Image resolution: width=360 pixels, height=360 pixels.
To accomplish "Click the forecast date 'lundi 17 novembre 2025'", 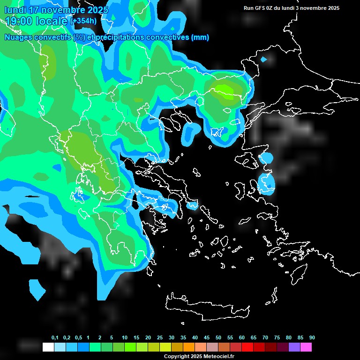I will [56, 10].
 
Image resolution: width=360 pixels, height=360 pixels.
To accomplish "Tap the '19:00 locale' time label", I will [37, 21].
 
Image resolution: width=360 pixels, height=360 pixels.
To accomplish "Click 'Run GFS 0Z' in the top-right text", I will [260, 8].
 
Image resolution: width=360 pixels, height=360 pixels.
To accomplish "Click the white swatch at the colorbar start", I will [48, 347].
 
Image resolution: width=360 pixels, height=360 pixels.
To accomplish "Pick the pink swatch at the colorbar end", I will [306, 347].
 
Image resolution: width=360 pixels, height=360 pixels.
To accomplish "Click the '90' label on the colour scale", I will [312, 338].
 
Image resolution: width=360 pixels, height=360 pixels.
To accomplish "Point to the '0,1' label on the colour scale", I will [55, 338].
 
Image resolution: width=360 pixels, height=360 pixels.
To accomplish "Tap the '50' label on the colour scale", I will [218, 338].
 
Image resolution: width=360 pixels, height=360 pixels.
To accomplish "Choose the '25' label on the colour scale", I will [160, 338].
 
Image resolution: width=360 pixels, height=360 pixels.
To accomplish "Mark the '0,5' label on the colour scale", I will [78, 338].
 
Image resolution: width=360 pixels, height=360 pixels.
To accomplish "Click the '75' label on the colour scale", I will [277, 338].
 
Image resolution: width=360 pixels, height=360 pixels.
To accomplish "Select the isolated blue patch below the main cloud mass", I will [37, 288].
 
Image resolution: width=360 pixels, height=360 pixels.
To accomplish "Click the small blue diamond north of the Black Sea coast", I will [263, 60].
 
